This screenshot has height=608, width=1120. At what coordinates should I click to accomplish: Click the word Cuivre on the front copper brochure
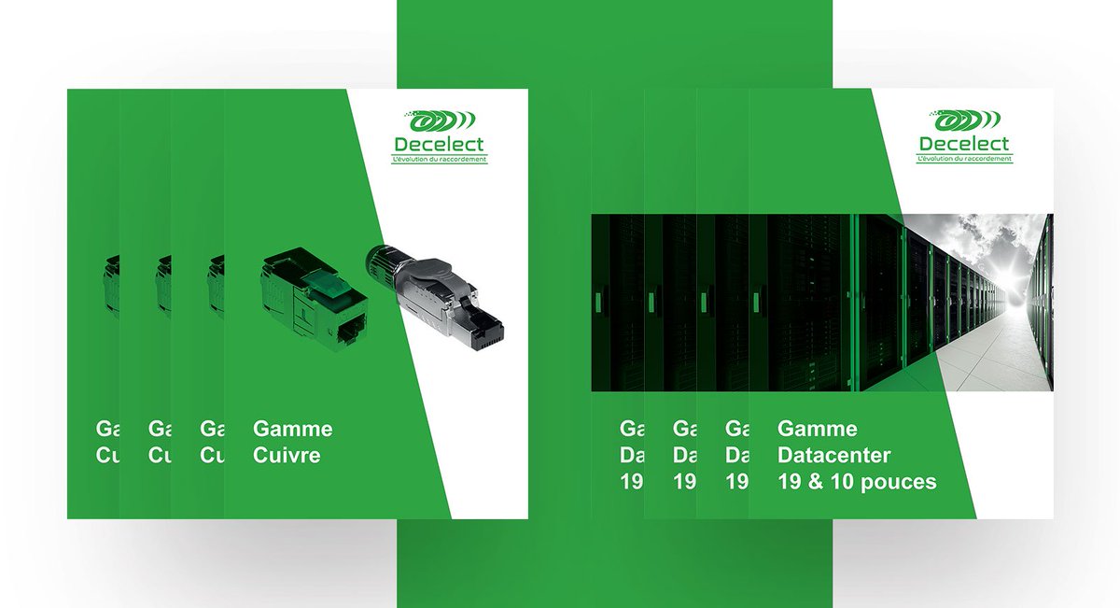click(x=287, y=456)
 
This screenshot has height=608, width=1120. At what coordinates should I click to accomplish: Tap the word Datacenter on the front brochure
click(x=834, y=456)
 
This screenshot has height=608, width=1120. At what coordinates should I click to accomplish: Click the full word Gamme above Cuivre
click(x=292, y=429)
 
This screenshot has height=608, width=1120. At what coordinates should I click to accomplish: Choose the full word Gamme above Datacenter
click(x=818, y=429)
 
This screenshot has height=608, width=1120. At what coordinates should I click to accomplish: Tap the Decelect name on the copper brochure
click(x=439, y=144)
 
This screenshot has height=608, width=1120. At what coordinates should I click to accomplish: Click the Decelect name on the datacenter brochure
click(x=964, y=144)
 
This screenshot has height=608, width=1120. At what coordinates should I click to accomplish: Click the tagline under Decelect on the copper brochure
click(x=439, y=160)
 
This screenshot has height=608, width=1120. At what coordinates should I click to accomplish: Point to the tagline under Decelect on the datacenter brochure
click(x=964, y=160)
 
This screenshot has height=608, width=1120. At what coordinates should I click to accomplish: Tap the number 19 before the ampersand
click(x=791, y=482)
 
